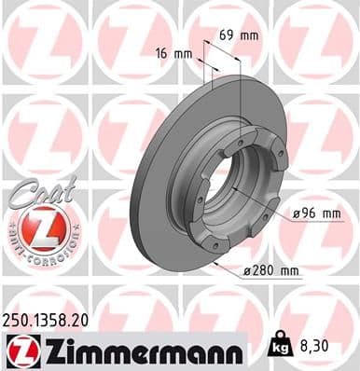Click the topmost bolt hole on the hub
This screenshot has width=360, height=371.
[241, 140]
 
